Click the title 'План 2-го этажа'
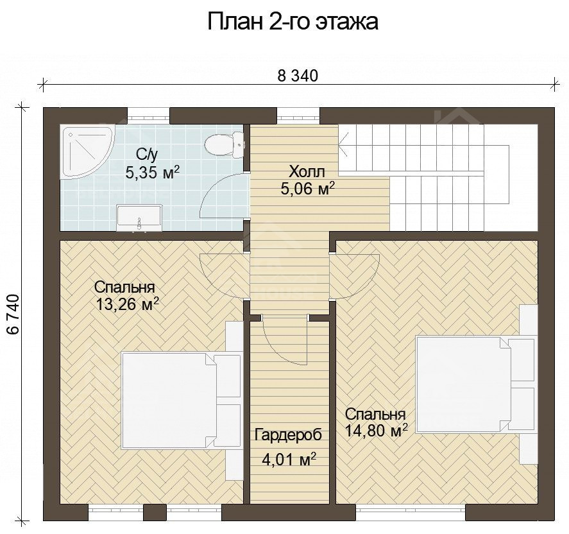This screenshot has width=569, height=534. pyautogui.click(x=292, y=22)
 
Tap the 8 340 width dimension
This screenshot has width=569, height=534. pyautogui.click(x=298, y=76)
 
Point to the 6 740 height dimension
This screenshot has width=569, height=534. pyautogui.click(x=12, y=314)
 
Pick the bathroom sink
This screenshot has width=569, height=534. pyautogui.click(x=139, y=218)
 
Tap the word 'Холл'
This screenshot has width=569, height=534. pyautogui.click(x=307, y=171)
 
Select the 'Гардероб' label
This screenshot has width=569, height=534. pyautogui.click(x=287, y=435)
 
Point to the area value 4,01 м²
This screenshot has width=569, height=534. pyautogui.click(x=289, y=460)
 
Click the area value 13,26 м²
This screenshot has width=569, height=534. pyautogui.click(x=126, y=304)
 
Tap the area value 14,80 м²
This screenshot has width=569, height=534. pyautogui.click(x=376, y=431)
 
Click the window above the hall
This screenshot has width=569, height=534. pyautogui.click(x=298, y=116)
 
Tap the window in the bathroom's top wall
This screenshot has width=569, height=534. pyautogui.click(x=148, y=116)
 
